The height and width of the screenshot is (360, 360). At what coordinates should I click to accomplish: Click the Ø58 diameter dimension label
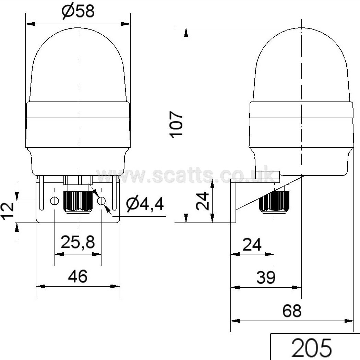[x=78, y=11]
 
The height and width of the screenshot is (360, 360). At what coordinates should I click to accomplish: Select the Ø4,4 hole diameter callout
[x=145, y=204]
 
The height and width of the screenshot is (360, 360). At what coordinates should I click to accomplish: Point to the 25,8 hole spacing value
[x=77, y=242]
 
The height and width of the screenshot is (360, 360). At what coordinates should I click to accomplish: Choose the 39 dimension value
[x=266, y=277]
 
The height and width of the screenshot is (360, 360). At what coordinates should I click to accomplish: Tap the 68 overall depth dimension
[x=292, y=311]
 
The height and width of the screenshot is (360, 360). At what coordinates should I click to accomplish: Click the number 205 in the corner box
[x=312, y=347]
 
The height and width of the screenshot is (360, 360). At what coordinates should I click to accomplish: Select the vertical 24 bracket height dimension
[x=202, y=201]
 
